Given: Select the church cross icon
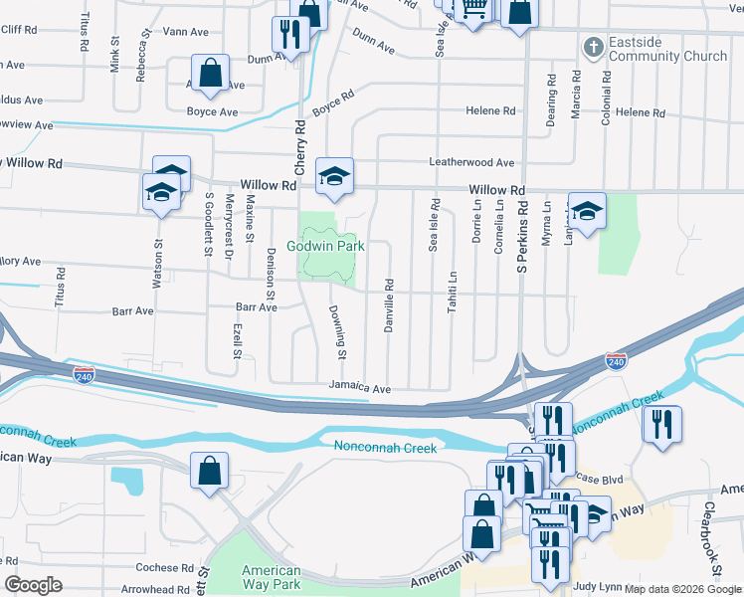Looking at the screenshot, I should tap(593, 47).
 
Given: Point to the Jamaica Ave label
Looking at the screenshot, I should tap(360, 387).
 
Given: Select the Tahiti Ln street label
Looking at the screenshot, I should tap(453, 294).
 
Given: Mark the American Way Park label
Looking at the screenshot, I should tap(272, 576).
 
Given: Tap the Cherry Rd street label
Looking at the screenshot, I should tap(298, 143).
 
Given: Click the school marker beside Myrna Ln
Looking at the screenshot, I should tap(587, 210).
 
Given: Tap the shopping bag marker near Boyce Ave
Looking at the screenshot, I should tap(211, 74).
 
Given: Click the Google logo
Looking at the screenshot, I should tap(33, 585).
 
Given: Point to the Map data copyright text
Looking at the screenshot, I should tap(682, 589).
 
